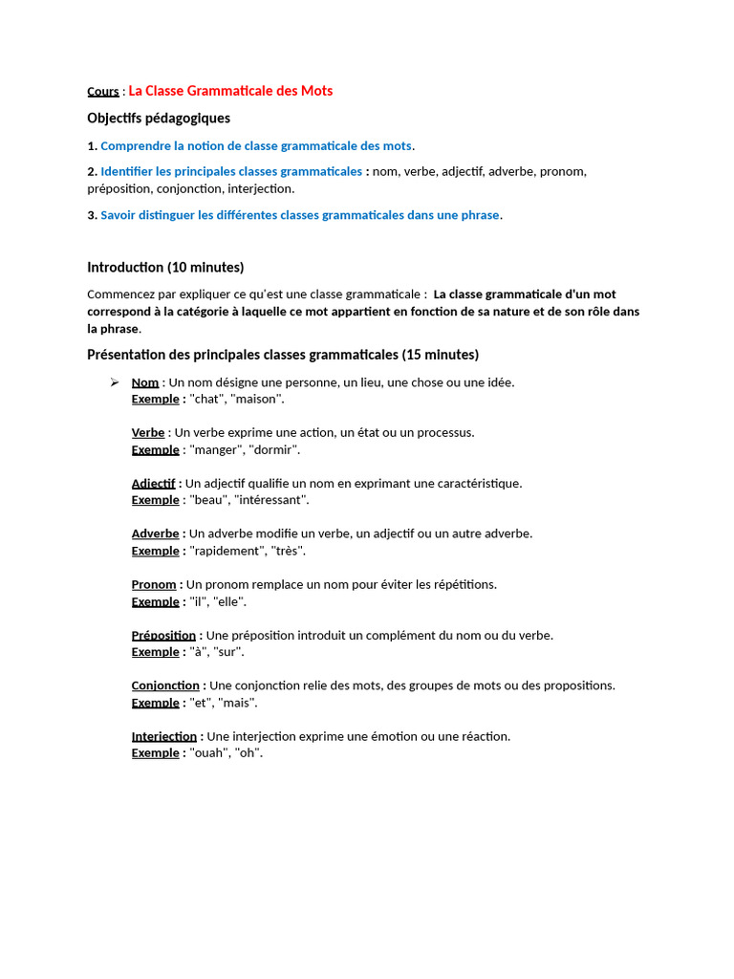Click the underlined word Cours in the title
pyautogui.click(x=103, y=92)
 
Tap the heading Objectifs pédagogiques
pyautogui.click(x=159, y=118)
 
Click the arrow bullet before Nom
pyautogui.click(x=114, y=382)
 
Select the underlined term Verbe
pyautogui.click(x=148, y=433)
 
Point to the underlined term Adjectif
pyautogui.click(x=154, y=484)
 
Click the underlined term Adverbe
pyautogui.click(x=155, y=533)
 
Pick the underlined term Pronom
pyautogui.click(x=154, y=584)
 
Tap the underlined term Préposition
pyautogui.click(x=163, y=635)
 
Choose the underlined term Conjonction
pyautogui.click(x=165, y=685)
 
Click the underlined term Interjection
pyautogui.click(x=164, y=736)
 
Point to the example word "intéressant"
pyautogui.click(x=269, y=500)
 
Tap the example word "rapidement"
pyautogui.click(x=228, y=551)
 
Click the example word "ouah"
pyautogui.click(x=209, y=753)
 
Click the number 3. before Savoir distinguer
pyautogui.click(x=92, y=215)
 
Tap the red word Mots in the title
pyautogui.click(x=316, y=91)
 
